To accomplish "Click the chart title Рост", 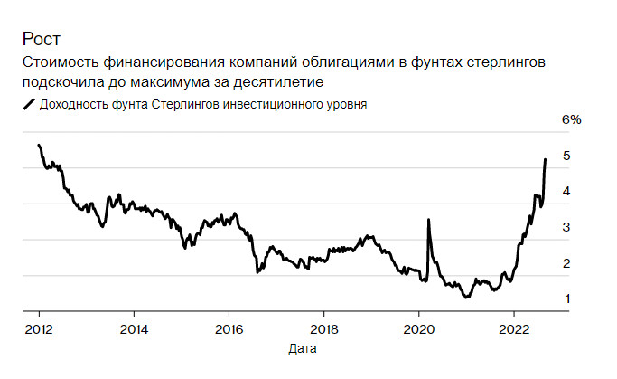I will tap(42, 40).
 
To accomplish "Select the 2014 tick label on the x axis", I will tap(134, 328).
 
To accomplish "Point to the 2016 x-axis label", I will tap(229, 328).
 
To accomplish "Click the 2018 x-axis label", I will tap(323, 328).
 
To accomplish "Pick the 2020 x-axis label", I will tap(418, 328).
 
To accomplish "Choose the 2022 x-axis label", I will tap(513, 328).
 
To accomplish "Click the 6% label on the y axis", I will tap(571, 120).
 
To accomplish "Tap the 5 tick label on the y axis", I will tap(566, 156).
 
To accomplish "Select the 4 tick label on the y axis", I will tap(566, 192).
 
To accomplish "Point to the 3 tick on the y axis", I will tap(566, 227).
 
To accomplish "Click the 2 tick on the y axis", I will tap(566, 263).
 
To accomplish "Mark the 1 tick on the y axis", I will tap(566, 298).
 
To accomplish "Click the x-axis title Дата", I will tap(303, 347).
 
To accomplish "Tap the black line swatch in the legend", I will tap(28, 104).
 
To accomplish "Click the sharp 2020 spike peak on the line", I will tap(426, 219).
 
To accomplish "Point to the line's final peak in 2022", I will tap(545, 159).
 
